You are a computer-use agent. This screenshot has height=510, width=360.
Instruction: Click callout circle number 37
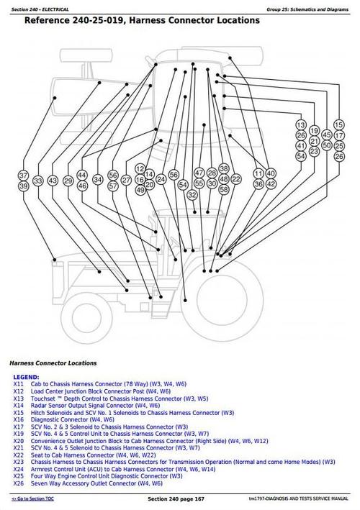click(x=23, y=176)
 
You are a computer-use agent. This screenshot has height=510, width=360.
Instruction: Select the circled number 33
click(x=38, y=181)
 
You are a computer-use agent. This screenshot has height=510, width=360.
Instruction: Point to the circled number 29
click(x=66, y=181)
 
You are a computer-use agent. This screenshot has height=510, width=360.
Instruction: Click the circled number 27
click(x=127, y=181)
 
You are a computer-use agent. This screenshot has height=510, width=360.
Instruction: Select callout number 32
click(x=192, y=195)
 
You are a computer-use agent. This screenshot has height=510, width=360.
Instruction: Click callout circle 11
click(x=258, y=175)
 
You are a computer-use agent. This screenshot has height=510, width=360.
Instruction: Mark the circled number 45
click(x=326, y=135)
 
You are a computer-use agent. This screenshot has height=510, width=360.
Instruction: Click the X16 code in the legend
click(x=19, y=419)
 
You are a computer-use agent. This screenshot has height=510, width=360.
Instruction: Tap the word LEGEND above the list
click(x=27, y=377)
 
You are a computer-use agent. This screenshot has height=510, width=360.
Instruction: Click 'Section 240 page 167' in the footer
click(x=178, y=499)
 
